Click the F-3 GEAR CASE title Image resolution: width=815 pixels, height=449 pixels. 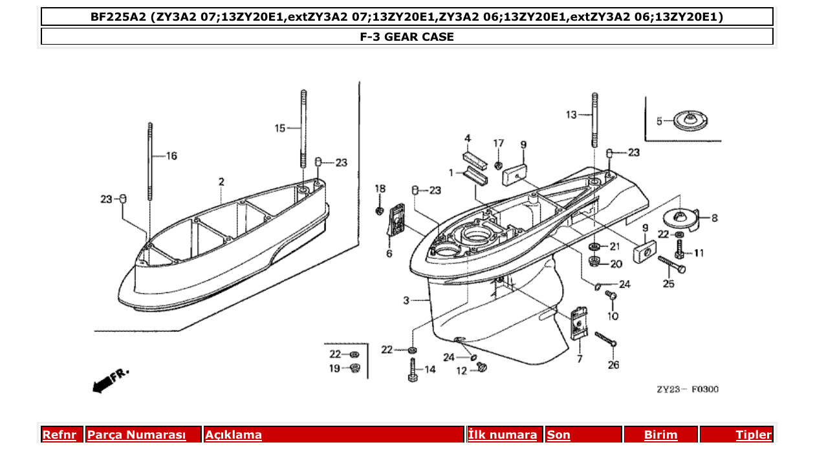pyautogui.click(x=407, y=37)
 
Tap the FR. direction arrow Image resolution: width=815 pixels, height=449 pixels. pyautogui.click(x=111, y=380)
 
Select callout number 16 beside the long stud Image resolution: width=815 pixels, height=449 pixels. pyautogui.click(x=171, y=156)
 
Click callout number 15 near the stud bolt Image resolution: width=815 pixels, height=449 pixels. pyautogui.click(x=279, y=129)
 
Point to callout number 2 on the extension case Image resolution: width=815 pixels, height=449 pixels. pyautogui.click(x=221, y=182)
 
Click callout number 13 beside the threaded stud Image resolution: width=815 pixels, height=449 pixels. pyautogui.click(x=571, y=115)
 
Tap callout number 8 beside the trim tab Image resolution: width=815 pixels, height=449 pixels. pyautogui.click(x=714, y=219)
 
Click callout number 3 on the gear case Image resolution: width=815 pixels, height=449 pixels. pyautogui.click(x=406, y=300)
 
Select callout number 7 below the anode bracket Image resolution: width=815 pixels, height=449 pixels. pyautogui.click(x=579, y=358)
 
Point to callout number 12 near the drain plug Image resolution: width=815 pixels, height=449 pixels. pyautogui.click(x=461, y=371)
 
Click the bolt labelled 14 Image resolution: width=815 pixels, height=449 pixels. pyautogui.click(x=413, y=369)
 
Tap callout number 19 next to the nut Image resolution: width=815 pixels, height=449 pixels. pyautogui.click(x=334, y=369)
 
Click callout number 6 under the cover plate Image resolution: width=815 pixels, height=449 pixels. pyautogui.click(x=389, y=254)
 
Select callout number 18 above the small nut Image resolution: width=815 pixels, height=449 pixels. pyautogui.click(x=380, y=188)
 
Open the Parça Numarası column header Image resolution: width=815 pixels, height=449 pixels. pyautogui.click(x=136, y=435)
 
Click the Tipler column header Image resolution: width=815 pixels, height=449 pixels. pyautogui.click(x=753, y=435)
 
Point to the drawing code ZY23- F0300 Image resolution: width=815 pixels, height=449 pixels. pyautogui.click(x=687, y=389)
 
